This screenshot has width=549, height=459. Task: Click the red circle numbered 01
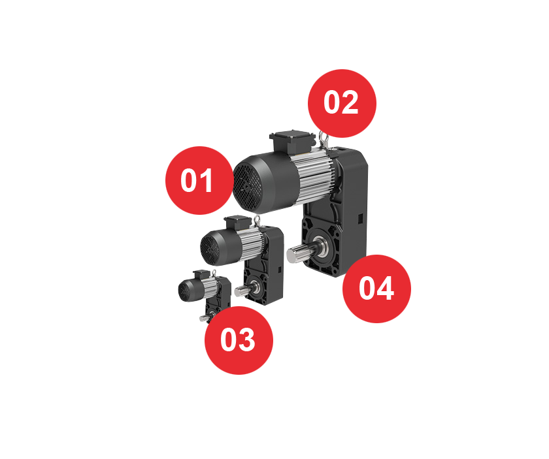coord(199,180)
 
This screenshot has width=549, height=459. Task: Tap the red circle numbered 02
coord(342,103)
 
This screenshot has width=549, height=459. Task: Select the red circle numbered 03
coord(239,340)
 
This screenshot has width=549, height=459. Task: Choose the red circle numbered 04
coord(376,289)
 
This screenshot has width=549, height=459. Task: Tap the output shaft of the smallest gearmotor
coord(204,318)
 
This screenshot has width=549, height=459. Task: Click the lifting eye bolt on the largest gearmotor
coord(323,140)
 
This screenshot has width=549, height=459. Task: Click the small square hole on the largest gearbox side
coord(359,219)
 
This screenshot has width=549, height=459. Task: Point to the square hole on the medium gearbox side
coord(280,270)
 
